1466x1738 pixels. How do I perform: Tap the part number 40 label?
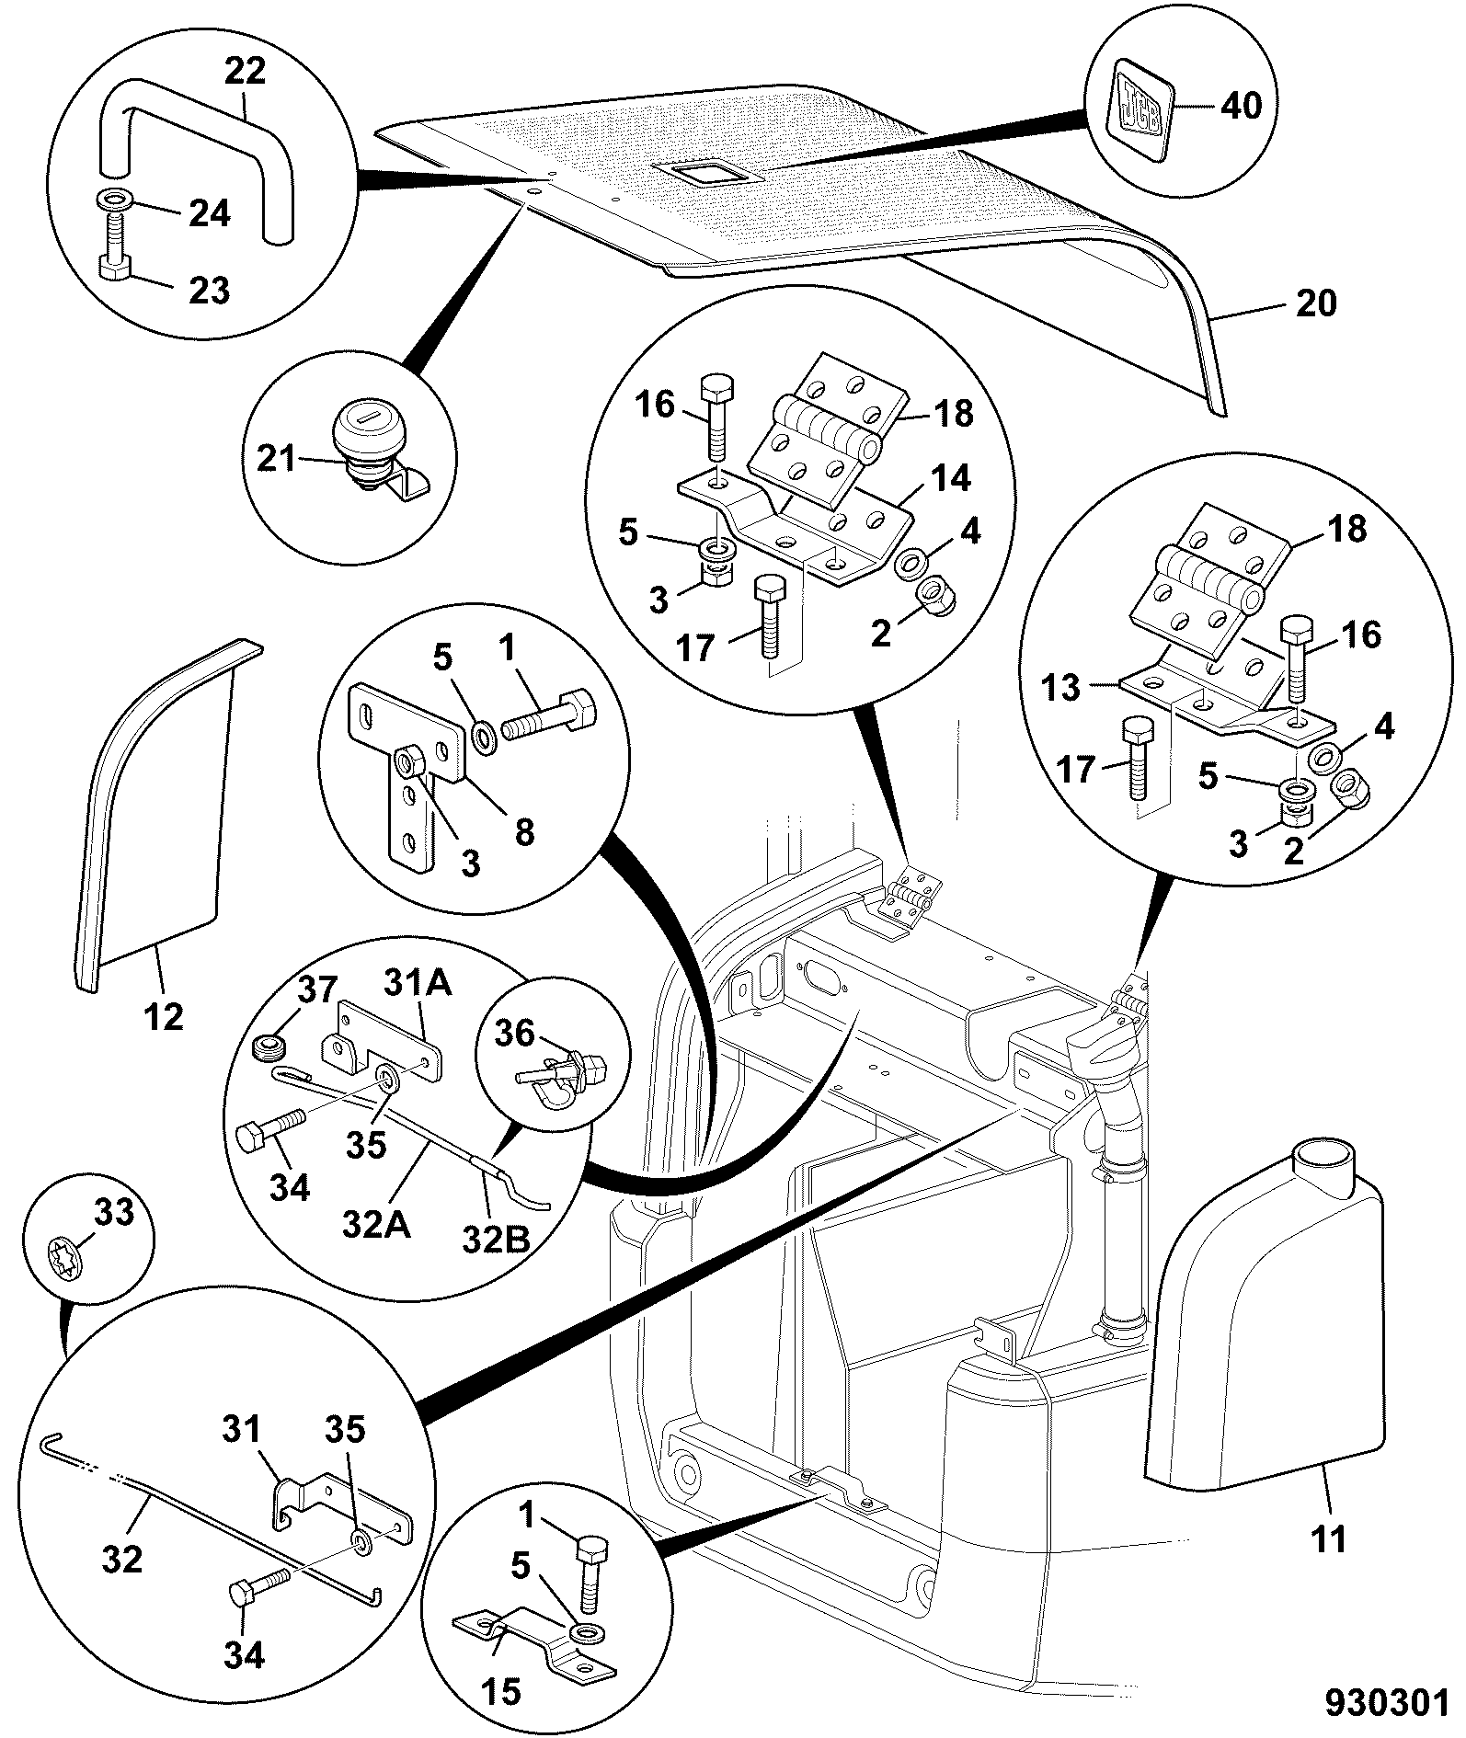[1241, 105]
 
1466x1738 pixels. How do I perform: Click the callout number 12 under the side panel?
[166, 1017]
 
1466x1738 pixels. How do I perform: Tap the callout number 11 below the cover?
[1330, 1538]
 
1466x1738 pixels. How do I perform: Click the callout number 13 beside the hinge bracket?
[1060, 687]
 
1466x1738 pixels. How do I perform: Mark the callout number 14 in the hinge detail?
[948, 478]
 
